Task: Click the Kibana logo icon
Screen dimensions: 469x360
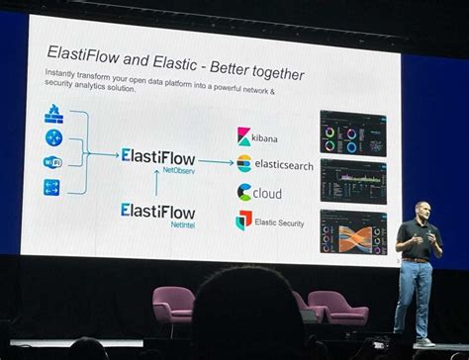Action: (x=244, y=136)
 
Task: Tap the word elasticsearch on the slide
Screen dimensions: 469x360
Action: (x=283, y=165)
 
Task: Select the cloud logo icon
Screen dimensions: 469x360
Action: (x=244, y=193)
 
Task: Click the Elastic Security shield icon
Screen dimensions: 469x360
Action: (x=243, y=221)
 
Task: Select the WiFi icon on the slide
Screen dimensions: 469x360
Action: (x=52, y=162)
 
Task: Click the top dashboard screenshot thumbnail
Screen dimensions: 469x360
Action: (x=352, y=133)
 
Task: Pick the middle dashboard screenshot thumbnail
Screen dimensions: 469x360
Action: (x=352, y=180)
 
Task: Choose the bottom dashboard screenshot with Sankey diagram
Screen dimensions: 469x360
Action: (x=352, y=231)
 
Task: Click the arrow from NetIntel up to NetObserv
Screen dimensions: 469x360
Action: (x=156, y=182)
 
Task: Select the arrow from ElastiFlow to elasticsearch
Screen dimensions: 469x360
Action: (x=215, y=160)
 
